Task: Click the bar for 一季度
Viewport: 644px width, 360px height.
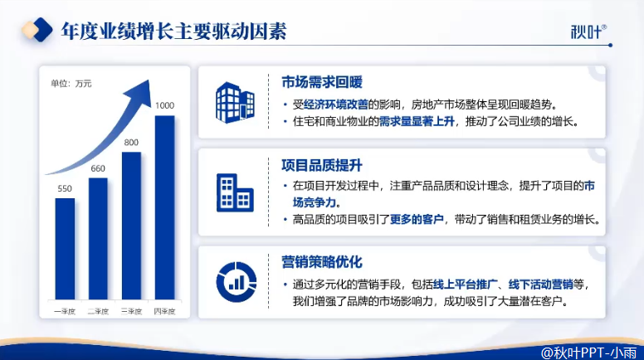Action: click(x=65, y=249)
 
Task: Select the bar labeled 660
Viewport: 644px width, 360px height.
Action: click(x=98, y=239)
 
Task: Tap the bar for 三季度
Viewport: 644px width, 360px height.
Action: click(x=131, y=226)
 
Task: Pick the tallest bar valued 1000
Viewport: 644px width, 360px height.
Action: click(x=164, y=207)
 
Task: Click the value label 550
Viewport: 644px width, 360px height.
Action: click(x=65, y=188)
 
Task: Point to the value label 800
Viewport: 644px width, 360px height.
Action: click(x=131, y=143)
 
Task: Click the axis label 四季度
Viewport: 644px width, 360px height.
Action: click(x=164, y=312)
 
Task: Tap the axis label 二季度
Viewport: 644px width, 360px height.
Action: click(x=98, y=312)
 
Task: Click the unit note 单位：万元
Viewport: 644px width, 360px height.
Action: click(x=71, y=84)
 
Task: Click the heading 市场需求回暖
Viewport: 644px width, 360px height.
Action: click(x=322, y=82)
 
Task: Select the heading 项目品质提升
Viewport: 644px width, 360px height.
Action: click(x=322, y=165)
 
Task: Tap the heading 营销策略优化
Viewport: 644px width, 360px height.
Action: click(x=322, y=262)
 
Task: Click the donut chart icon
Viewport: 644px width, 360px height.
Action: click(x=237, y=282)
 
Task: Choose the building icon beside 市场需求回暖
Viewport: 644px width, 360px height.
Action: click(x=235, y=102)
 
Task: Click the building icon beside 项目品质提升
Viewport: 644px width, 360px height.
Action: click(x=235, y=192)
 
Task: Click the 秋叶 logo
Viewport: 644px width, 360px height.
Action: click(x=588, y=32)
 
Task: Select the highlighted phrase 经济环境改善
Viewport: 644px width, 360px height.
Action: click(x=335, y=105)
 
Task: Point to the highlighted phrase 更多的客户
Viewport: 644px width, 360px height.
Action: click(x=417, y=220)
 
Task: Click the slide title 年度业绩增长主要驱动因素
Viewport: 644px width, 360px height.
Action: click(x=173, y=32)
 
